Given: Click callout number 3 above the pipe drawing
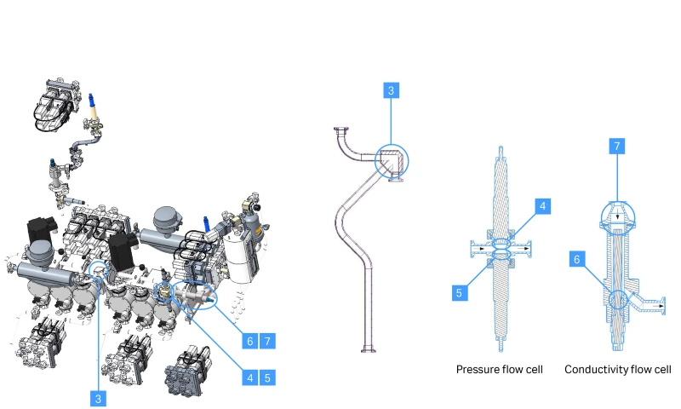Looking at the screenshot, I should pos(391,91).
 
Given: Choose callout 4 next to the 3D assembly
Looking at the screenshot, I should pos(249,375).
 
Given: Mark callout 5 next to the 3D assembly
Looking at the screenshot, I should pos(268,375).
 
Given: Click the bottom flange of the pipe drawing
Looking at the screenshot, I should pos(370,348).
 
